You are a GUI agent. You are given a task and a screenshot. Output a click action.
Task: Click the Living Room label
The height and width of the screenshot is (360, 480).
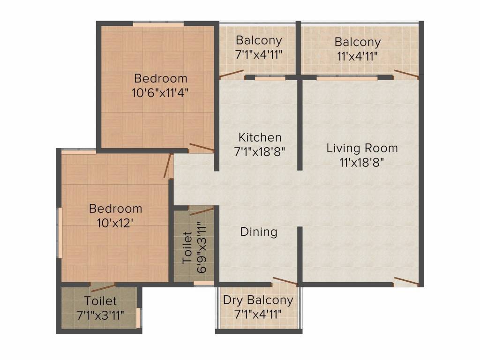tap(362, 149)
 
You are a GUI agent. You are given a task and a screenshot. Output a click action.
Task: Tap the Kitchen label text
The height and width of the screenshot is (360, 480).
tap(260, 137)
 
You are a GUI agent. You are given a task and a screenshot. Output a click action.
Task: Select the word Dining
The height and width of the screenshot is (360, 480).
tap(259, 232)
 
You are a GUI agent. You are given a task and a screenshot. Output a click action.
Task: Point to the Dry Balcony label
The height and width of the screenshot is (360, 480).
tap(258, 300)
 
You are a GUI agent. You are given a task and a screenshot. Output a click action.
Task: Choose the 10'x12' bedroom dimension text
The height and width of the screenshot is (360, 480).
tap(115, 222)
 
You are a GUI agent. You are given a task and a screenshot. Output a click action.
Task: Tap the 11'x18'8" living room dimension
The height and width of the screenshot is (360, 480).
tap(362, 163)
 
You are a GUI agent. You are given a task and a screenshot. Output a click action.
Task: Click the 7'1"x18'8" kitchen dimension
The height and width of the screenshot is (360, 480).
tap(260, 151)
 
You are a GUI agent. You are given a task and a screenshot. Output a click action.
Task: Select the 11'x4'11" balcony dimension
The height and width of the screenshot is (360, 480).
tap(357, 56)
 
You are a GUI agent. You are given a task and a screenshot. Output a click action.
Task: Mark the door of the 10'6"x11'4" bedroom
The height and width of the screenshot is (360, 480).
tap(202, 148)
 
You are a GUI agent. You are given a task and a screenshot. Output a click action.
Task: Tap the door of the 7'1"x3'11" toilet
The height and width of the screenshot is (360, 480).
tap(103, 287)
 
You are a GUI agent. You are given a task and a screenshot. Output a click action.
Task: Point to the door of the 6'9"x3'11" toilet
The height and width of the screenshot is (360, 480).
tap(201, 210)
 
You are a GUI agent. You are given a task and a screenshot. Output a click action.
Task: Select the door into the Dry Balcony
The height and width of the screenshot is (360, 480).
tap(285, 281)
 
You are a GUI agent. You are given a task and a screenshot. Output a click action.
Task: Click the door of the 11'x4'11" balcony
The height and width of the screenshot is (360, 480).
tap(406, 73)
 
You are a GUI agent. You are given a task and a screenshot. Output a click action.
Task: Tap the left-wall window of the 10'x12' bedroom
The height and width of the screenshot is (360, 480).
tap(60, 232)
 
